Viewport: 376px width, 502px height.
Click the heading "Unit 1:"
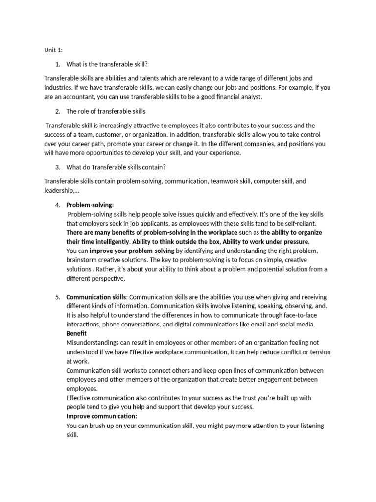click(53, 50)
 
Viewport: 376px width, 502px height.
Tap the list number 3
click(57, 167)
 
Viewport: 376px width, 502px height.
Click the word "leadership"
click(58, 190)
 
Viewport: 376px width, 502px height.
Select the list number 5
click(57, 297)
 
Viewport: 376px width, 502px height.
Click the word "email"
click(246, 325)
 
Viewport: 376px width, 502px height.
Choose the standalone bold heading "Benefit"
click(76, 334)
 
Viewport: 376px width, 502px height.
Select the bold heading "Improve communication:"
click(101, 416)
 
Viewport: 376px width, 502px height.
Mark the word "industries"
click(59, 87)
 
